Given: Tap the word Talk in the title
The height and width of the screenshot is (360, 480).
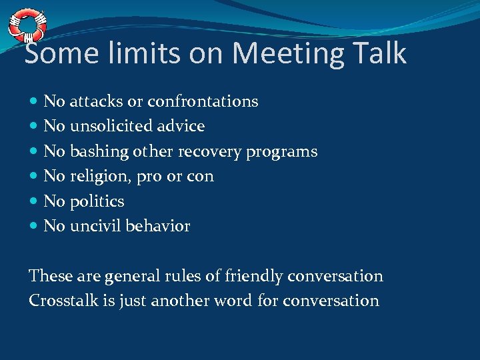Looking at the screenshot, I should coord(379,53).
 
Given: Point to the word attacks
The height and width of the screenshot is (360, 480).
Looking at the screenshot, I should coord(96,101).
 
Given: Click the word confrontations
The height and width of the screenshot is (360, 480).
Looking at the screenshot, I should coord(203,101).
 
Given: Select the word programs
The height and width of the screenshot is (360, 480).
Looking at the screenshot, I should coord(281,152).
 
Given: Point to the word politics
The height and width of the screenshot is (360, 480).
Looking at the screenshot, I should coord(97,201).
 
